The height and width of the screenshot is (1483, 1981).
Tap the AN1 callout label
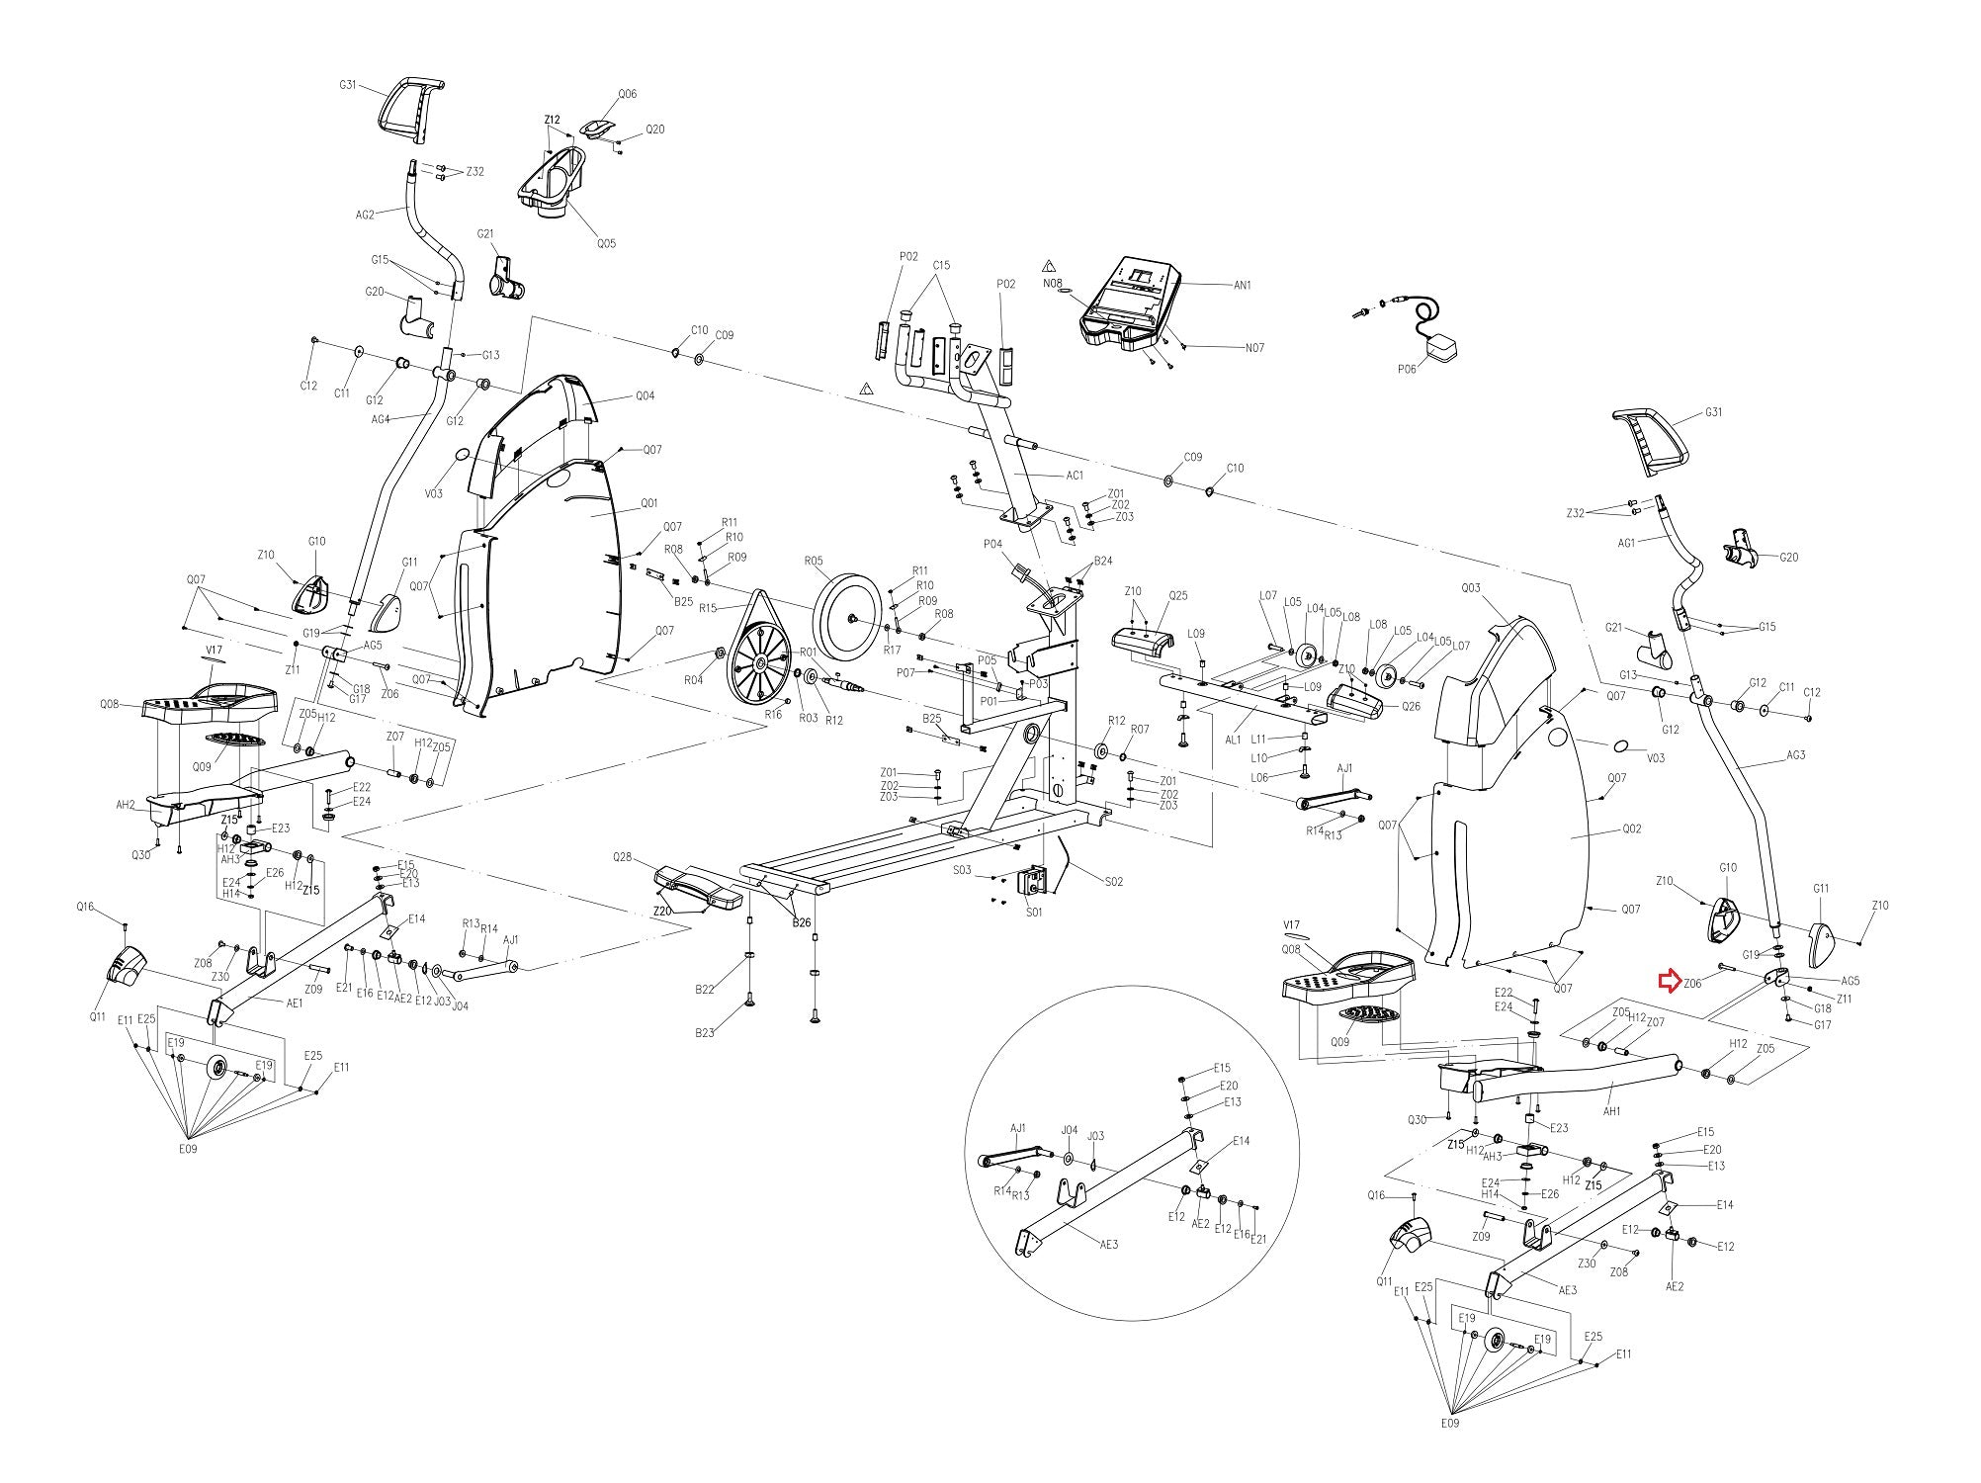[1243, 285]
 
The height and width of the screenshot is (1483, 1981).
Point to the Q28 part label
[622, 856]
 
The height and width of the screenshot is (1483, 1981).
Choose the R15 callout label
[707, 608]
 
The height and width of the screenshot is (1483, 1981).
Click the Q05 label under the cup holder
[605, 243]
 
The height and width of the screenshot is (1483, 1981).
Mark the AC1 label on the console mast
[1075, 476]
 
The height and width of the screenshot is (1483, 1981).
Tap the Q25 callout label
[1177, 596]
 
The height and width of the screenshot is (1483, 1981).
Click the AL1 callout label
[1233, 740]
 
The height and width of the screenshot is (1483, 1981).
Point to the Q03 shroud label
[1471, 588]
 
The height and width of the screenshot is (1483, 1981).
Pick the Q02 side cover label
[1631, 829]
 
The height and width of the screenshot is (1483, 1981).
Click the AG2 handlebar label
[365, 215]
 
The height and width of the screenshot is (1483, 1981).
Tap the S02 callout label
[1114, 881]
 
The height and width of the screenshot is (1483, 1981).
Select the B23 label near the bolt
[704, 1033]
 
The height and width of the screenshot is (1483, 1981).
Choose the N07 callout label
[1254, 348]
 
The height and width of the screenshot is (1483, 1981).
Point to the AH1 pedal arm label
[1612, 1111]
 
